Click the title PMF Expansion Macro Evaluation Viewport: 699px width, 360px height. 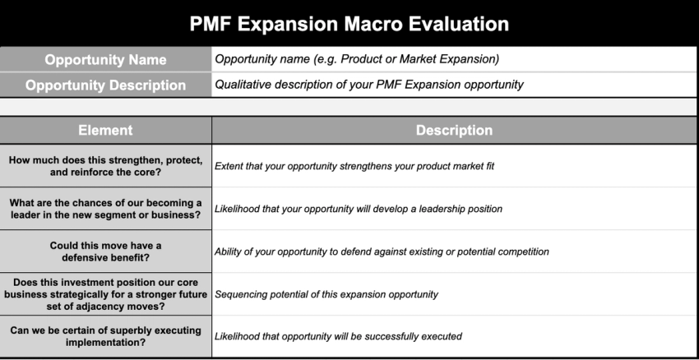349,24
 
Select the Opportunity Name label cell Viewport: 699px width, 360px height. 105,60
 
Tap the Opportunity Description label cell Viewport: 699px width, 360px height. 105,85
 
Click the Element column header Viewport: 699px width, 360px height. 105,131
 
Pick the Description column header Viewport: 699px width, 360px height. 454,131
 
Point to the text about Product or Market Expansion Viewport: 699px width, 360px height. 357,59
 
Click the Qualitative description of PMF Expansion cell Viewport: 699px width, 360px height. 368,84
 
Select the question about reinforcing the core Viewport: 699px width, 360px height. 105,166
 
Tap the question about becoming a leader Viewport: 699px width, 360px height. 105,209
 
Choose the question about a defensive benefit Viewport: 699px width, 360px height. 105,252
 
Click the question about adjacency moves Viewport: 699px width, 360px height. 105,294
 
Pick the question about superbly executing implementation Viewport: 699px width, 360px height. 105,336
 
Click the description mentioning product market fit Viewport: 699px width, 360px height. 354,166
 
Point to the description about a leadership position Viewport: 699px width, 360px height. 358,209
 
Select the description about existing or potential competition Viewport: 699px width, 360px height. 382,252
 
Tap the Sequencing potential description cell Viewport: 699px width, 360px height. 326,294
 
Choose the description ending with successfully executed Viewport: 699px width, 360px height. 338,336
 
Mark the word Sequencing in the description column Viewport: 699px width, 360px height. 242,294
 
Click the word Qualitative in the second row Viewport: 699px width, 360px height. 239,84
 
